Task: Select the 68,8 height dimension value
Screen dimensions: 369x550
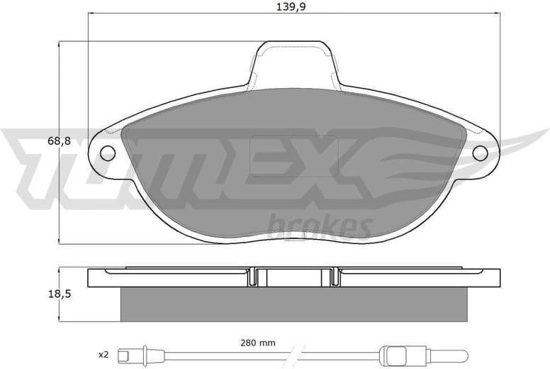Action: tap(59, 141)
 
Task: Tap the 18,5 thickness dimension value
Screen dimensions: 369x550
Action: tap(59, 293)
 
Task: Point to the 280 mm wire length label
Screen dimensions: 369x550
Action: tap(257, 342)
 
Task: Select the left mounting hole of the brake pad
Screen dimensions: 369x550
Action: tap(108, 153)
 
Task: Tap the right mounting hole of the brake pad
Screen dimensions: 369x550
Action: tap(480, 153)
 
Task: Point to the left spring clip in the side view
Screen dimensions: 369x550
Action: tap(253, 277)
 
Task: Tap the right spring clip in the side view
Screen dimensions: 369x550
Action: tap(334, 277)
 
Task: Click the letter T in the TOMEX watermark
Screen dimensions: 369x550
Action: tap(43, 163)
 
